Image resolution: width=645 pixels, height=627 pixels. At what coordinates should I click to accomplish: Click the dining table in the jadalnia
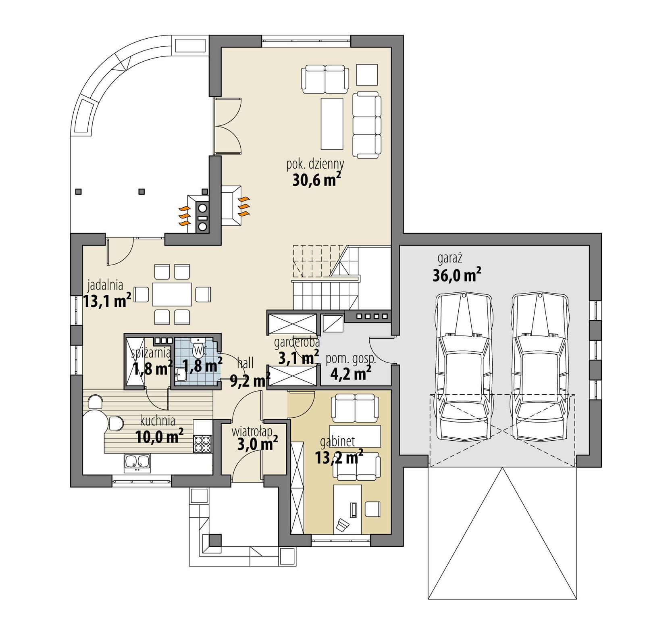172,294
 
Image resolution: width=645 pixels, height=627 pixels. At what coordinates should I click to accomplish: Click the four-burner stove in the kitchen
202,444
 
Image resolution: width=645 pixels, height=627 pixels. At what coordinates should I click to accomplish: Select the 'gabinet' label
337,442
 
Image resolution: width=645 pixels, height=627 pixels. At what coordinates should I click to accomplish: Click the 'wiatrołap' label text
252,432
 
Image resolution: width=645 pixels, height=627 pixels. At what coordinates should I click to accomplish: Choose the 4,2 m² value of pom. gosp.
350,374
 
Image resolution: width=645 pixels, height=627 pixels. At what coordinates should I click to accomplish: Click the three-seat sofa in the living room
366,125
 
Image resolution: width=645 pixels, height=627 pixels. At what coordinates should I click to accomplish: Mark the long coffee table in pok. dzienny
332,123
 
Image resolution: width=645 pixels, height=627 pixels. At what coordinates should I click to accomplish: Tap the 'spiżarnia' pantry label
151,353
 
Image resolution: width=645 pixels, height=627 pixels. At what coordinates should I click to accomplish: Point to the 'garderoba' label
297,343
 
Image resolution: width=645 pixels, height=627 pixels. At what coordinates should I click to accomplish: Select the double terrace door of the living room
227,125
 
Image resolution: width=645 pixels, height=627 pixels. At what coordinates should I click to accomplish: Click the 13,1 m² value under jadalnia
107,301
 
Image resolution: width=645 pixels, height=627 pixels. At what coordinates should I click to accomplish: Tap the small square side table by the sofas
367,75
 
